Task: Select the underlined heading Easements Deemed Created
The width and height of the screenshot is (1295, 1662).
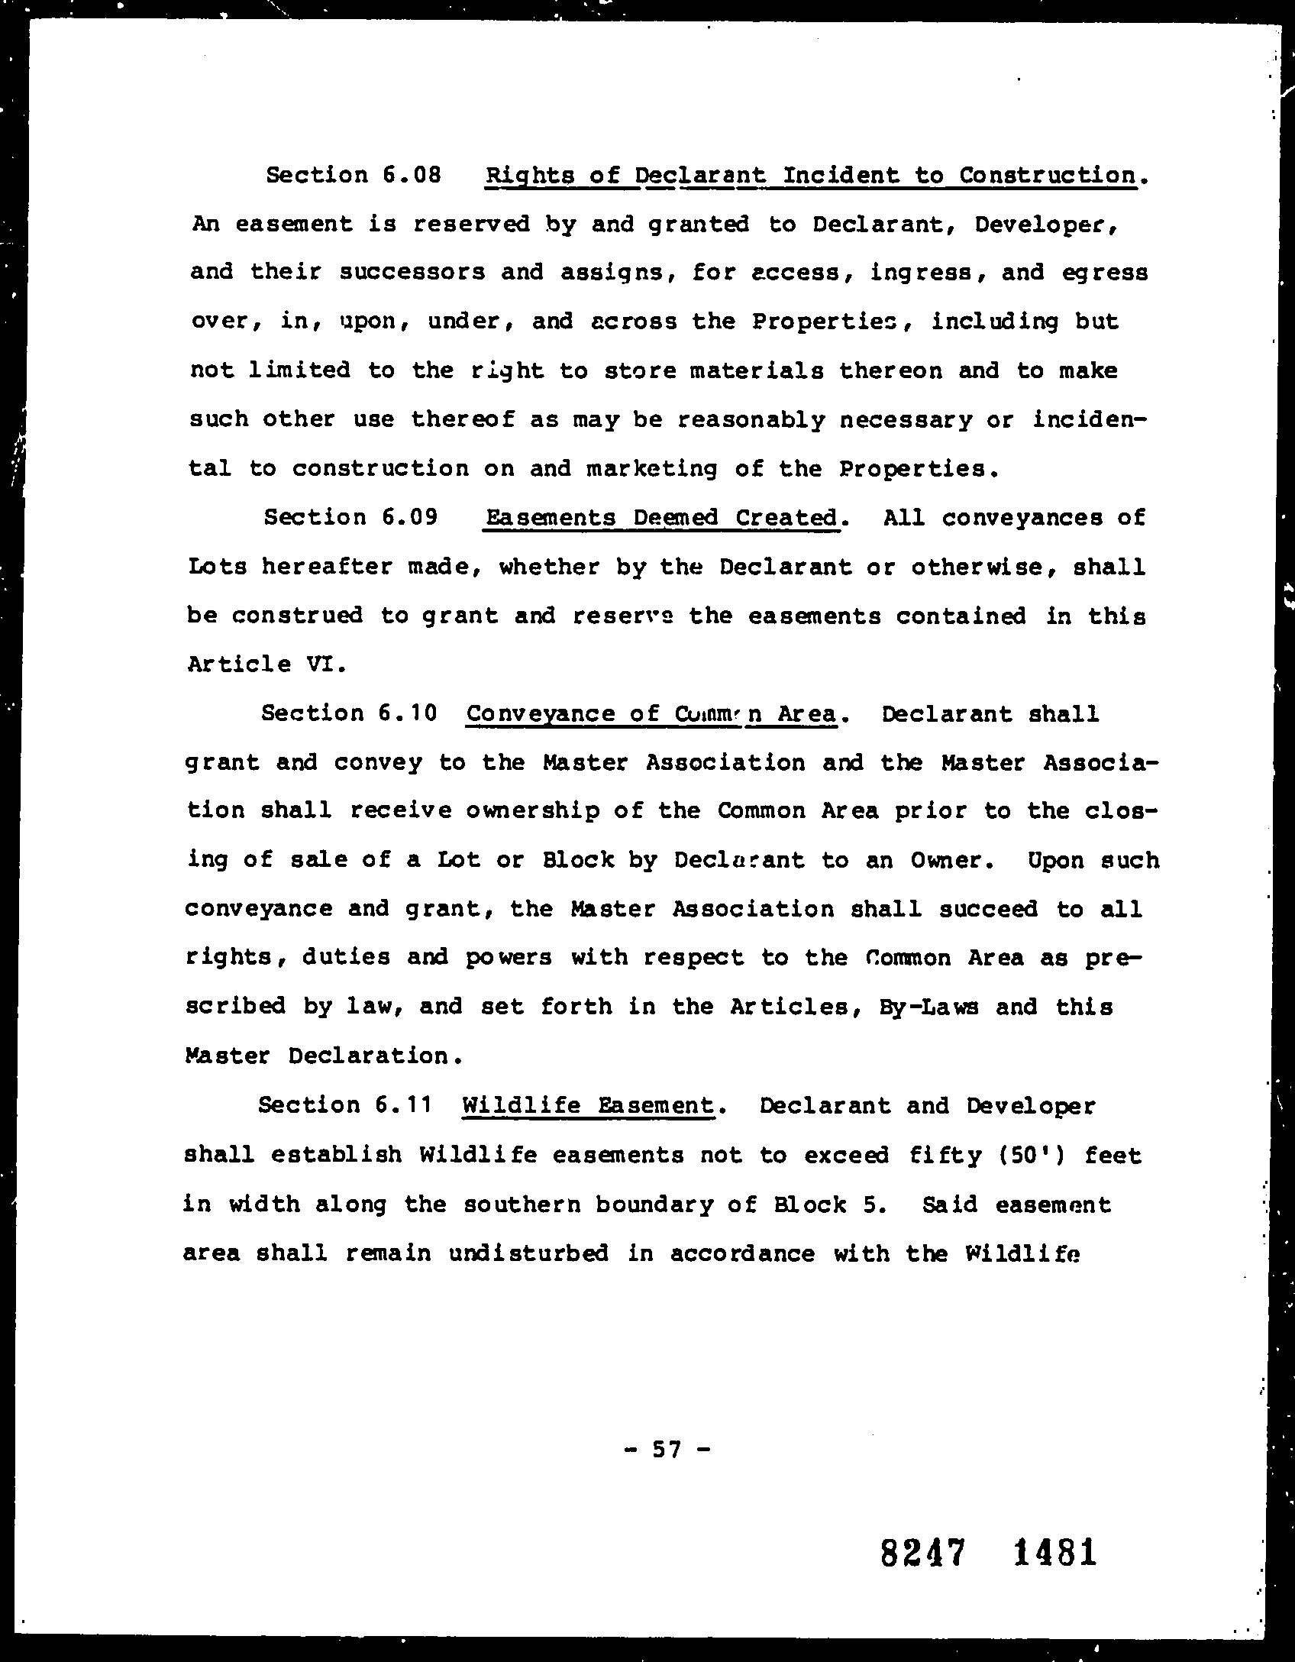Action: (662, 518)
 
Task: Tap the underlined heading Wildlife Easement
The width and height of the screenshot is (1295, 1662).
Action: (588, 1105)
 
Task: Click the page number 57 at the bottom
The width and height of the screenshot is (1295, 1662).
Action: (667, 1448)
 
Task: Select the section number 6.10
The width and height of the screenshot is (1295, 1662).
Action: (408, 713)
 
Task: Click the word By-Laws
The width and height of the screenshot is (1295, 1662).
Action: (928, 1007)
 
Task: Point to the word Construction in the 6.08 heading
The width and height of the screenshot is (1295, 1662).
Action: (1048, 175)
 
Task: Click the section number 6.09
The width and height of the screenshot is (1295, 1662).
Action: (409, 517)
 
